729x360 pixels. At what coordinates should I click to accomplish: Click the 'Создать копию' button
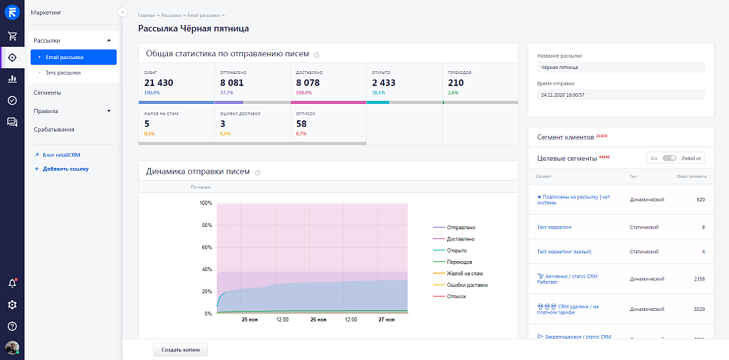180,349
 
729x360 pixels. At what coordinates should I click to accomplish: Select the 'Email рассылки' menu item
65,57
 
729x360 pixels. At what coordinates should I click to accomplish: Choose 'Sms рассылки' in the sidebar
63,73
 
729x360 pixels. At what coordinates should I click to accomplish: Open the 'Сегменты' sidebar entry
47,92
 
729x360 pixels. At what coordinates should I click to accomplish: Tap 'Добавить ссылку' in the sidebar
65,169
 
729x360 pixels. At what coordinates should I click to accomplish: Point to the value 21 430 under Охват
159,83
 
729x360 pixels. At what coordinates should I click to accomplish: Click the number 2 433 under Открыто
384,83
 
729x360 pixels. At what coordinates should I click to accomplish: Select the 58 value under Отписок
301,124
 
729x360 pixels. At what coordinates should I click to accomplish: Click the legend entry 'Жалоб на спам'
466,273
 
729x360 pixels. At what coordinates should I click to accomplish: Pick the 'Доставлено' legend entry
461,239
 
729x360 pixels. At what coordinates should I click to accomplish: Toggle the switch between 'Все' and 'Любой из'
668,158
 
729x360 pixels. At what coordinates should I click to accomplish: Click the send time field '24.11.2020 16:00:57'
620,95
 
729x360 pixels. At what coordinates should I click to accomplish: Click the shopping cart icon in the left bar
12,36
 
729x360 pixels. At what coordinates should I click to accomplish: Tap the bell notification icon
12,283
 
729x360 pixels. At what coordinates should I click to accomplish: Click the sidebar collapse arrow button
122,13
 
